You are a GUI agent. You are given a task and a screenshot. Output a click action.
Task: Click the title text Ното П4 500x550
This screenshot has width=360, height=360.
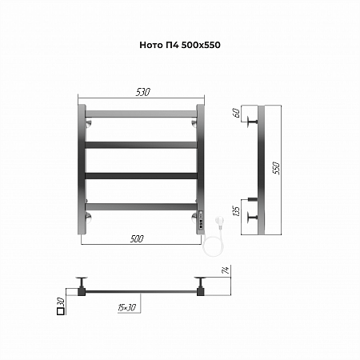click(x=180, y=45)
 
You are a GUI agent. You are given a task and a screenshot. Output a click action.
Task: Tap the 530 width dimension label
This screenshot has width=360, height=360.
click(x=143, y=92)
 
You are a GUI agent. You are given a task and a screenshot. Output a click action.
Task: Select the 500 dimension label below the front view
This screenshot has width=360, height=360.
click(x=137, y=238)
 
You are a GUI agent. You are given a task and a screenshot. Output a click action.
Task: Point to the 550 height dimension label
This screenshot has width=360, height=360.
click(x=276, y=168)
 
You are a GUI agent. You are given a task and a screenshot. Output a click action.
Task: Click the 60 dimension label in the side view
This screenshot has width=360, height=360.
click(x=237, y=113)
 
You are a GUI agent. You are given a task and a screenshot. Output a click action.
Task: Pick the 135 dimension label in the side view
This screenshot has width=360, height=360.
click(x=237, y=211)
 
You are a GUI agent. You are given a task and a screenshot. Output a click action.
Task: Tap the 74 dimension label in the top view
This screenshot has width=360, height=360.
click(x=226, y=270)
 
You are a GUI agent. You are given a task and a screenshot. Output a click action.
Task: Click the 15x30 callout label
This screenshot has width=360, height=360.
click(x=127, y=307)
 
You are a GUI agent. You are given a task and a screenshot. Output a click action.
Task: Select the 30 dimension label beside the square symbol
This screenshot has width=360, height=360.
click(x=61, y=302)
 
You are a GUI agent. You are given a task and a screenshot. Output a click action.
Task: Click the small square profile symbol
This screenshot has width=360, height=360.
click(x=61, y=311)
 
